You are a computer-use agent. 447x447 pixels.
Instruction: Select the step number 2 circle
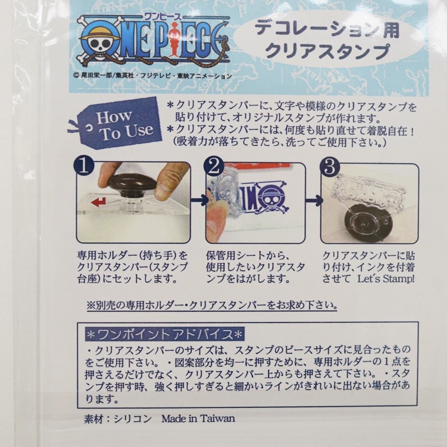pos(213,166)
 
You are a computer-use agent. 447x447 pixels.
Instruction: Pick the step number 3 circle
pos(330,166)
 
